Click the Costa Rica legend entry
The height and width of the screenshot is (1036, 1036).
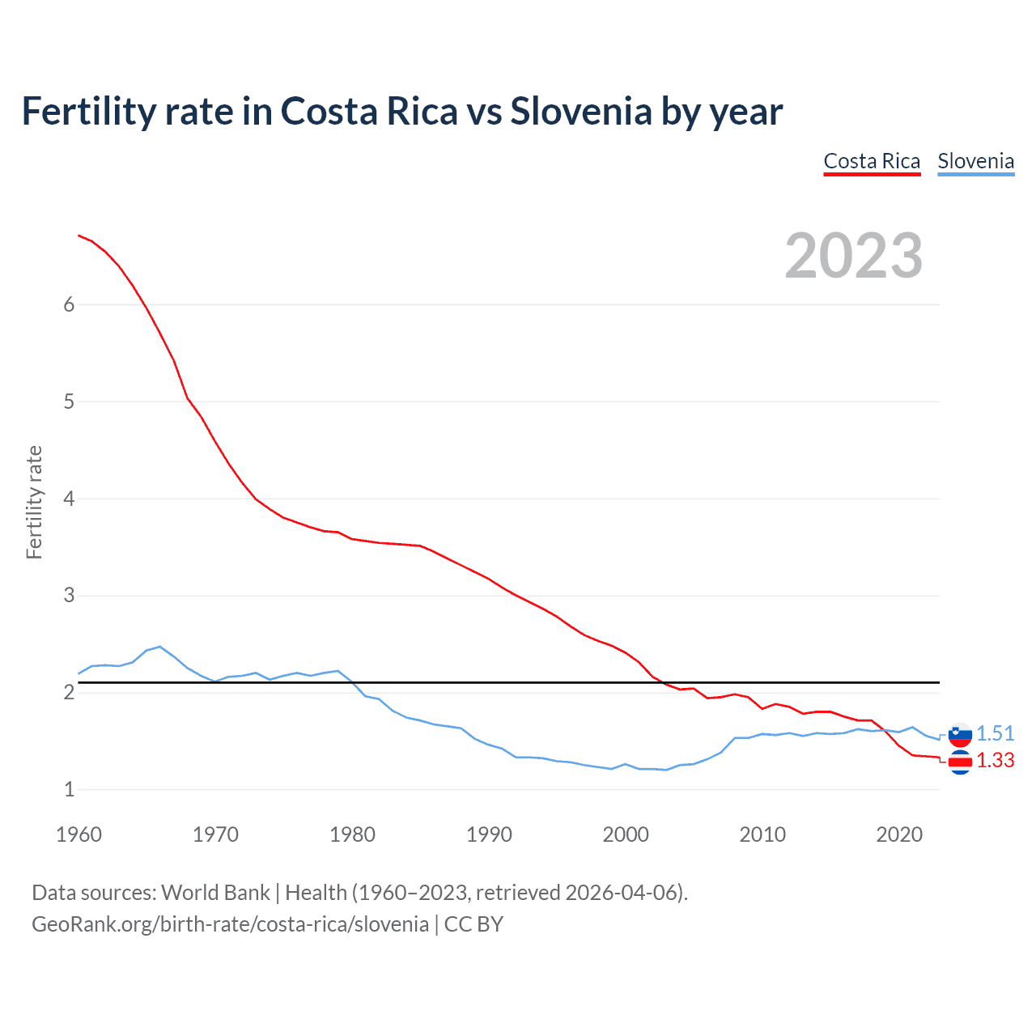coord(872,161)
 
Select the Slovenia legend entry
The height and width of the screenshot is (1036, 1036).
coord(975,161)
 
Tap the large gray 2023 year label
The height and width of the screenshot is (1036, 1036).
coord(854,256)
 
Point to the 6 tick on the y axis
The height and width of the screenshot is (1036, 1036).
coord(69,304)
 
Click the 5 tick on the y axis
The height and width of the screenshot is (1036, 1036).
coord(69,401)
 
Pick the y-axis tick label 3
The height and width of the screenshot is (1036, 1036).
coord(69,596)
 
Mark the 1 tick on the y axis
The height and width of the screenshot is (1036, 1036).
coord(69,789)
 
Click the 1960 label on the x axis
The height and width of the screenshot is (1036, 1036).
coord(79,834)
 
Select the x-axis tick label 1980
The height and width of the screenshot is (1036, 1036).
coord(352,834)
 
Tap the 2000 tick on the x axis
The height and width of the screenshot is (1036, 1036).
coord(626,834)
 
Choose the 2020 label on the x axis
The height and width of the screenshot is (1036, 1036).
coord(899,834)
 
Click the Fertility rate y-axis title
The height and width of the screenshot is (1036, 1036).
coord(34,502)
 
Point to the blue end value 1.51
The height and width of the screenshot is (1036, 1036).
coord(995,733)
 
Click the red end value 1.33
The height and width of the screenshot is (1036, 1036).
coord(995,761)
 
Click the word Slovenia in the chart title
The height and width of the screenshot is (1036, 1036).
coord(580,111)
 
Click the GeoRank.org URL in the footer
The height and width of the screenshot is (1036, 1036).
coord(230,924)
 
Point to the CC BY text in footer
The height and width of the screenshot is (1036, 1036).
coord(473,924)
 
